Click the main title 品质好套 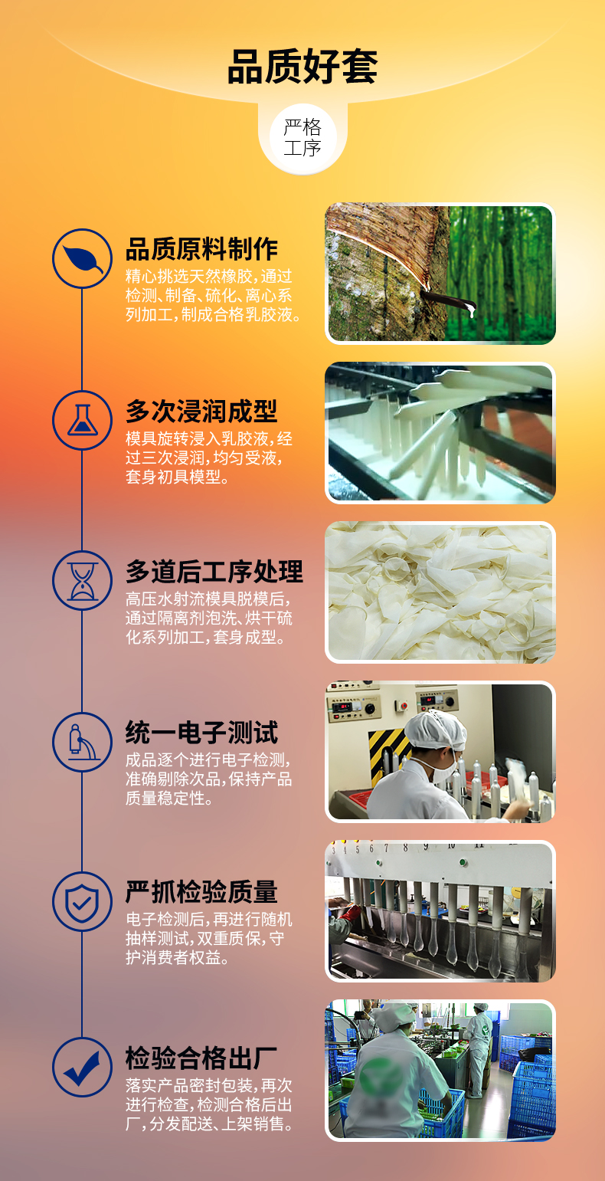pos(302,67)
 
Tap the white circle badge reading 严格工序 pos(302,138)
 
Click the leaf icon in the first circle pos(82,258)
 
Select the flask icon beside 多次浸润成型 pos(82,420)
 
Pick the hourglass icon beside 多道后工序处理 pos(82,580)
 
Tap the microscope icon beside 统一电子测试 pos(82,742)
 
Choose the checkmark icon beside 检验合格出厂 pos(82,1067)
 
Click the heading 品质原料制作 pos(202,249)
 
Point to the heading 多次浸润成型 pos(202,411)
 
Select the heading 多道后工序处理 pos(214,572)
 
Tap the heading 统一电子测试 pos(202,733)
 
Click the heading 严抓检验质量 pos(202,892)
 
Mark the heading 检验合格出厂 pos(202,1058)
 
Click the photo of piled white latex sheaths pos(440,592)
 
